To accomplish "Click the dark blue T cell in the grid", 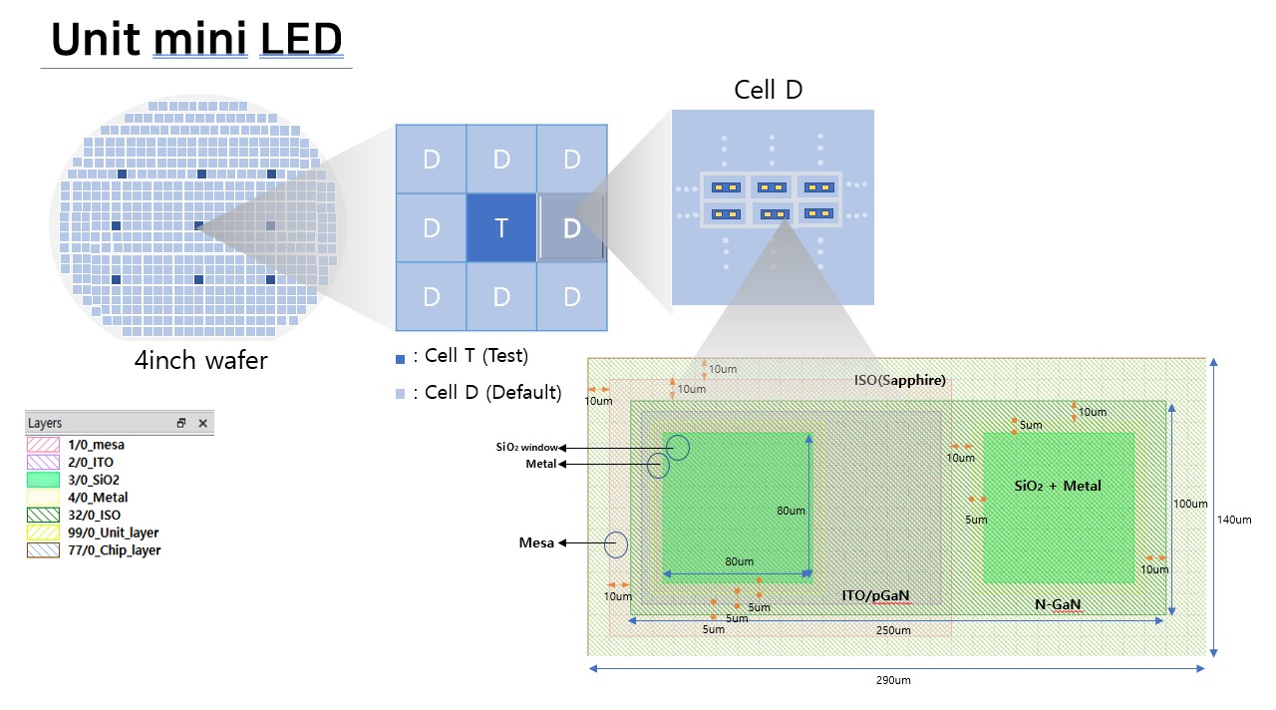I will pyautogui.click(x=501, y=227).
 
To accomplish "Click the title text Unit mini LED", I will pyautogui.click(x=196, y=40).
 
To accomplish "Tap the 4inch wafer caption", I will pyautogui.click(x=200, y=359).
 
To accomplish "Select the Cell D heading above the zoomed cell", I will pyautogui.click(x=768, y=90).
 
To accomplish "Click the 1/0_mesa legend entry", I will pyautogui.click(x=97, y=445).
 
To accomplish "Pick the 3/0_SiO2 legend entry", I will pyautogui.click(x=94, y=480).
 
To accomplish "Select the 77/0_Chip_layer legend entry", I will pyautogui.click(x=115, y=550).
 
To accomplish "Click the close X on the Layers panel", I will pyautogui.click(x=202, y=423).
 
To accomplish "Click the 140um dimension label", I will pyautogui.click(x=1235, y=519).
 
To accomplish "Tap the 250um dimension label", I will pyautogui.click(x=893, y=630).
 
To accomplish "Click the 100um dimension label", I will pyautogui.click(x=1191, y=504).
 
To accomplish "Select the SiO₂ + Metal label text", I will pyautogui.click(x=1058, y=486).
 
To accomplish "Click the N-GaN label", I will pyautogui.click(x=1058, y=604).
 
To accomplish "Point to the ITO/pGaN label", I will pyautogui.click(x=875, y=595).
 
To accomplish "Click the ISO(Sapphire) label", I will pyautogui.click(x=899, y=380).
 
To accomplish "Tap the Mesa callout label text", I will pyautogui.click(x=536, y=542).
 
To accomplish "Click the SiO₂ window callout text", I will pyautogui.click(x=527, y=447).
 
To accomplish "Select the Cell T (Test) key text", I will pyautogui.click(x=476, y=356).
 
